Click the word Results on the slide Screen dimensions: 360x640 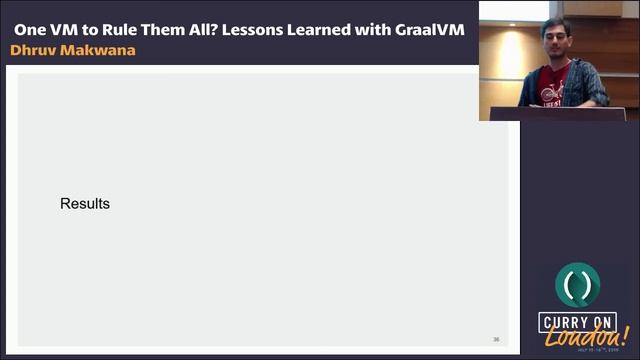coord(85,204)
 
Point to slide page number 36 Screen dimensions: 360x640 coord(496,339)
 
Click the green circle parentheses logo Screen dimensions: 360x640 coord(577,286)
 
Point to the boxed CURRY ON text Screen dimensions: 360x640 coord(577,322)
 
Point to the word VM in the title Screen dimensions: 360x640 coord(68,29)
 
